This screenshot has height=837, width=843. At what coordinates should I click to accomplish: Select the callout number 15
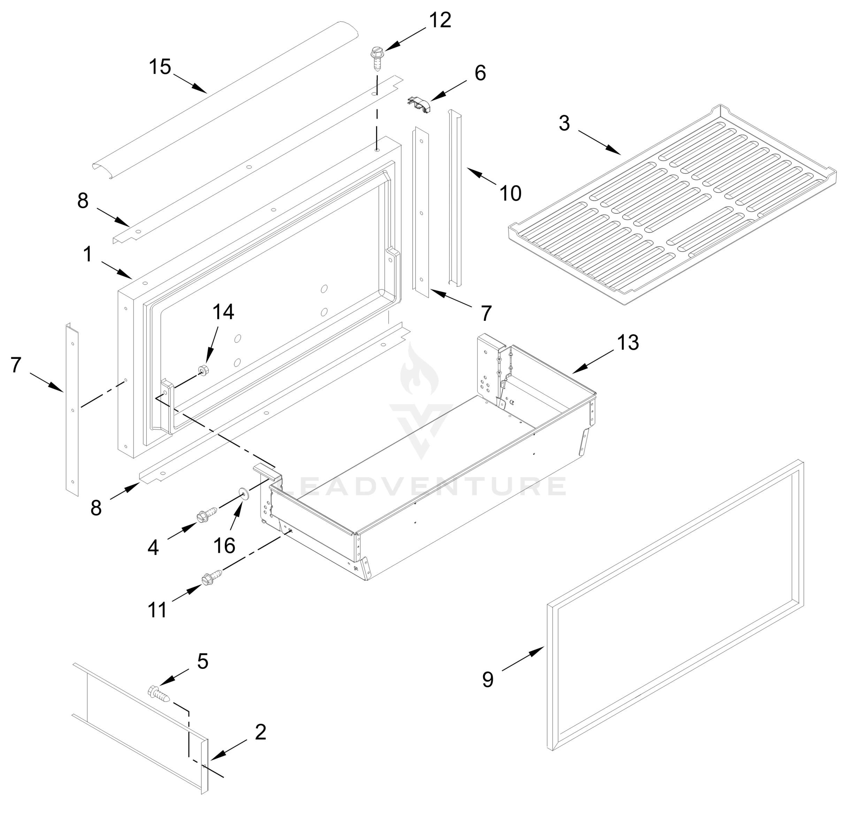[160, 67]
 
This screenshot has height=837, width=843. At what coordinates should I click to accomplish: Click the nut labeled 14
[202, 370]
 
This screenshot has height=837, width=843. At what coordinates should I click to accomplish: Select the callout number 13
[627, 343]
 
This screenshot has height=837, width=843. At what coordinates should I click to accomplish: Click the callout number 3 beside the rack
[564, 123]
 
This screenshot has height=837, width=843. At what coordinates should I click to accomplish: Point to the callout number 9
[488, 679]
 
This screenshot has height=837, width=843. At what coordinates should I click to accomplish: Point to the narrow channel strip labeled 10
[454, 196]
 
